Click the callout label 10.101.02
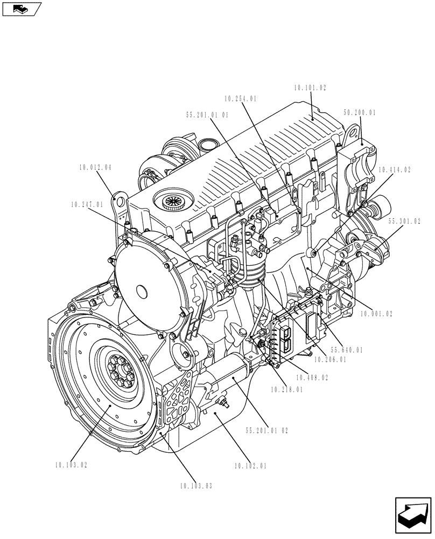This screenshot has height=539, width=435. [310, 87]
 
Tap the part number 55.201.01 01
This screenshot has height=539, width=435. [207, 114]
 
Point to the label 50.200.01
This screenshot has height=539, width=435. [359, 113]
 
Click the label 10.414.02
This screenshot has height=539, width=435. [394, 170]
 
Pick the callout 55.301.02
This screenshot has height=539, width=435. [405, 221]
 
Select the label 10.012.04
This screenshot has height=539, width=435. [95, 168]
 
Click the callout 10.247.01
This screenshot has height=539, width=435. [86, 205]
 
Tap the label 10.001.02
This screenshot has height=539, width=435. [376, 313]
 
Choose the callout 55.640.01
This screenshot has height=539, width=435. [347, 350]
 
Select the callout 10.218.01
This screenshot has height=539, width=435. [286, 389]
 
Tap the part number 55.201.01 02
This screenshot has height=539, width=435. [266, 431]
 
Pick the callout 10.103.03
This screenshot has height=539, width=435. [196, 486]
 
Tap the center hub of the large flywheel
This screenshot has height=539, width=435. [120, 371]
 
